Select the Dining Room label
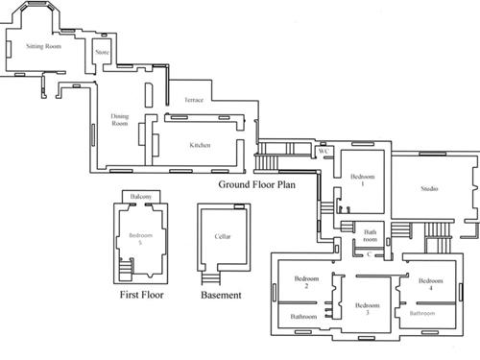[120, 120]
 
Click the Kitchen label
[200, 145]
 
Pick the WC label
[324, 151]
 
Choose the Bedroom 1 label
[362, 180]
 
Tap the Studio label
[429, 189]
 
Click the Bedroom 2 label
[300, 282]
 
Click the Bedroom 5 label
[141, 239]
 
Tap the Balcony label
[140, 197]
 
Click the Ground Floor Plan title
[257, 183]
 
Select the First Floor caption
[141, 295]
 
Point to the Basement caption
[221, 295]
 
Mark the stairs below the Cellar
[211, 277]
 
